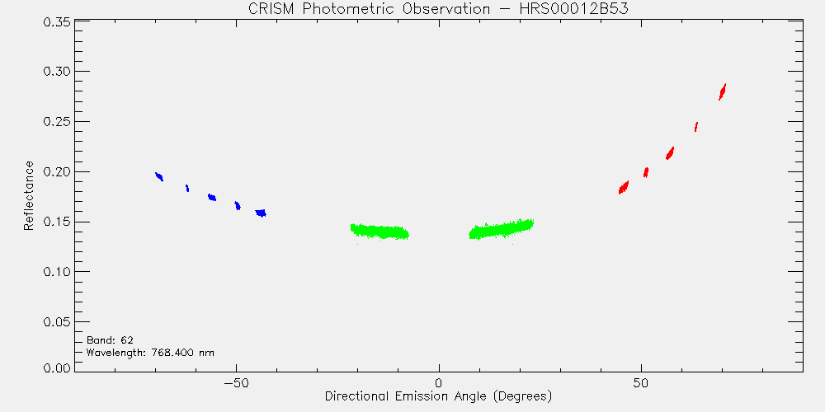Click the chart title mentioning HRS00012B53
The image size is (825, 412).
pos(438,9)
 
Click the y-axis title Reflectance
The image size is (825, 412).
pos(29,196)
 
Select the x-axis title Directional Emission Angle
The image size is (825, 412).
pos(438,396)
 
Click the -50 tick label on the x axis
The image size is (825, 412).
pos(236,382)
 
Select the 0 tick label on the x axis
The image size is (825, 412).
pos(439,382)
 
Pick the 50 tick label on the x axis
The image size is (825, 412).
pos(641,382)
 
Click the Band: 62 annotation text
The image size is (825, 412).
pos(106,340)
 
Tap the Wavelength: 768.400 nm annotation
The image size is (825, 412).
pos(150,352)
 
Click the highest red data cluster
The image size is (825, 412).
pos(723,92)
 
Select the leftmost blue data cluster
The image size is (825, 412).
pos(159,176)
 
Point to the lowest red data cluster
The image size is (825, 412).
pos(624,188)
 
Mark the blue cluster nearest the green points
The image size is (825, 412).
pos(261,213)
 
